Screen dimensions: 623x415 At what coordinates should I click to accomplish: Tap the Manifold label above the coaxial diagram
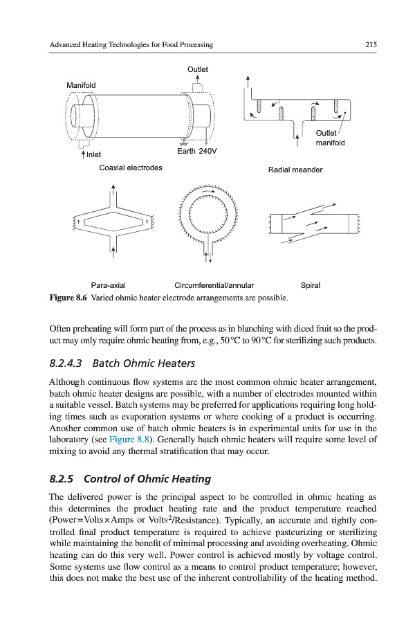pos(81,85)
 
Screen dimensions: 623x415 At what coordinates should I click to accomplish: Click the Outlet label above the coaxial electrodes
pos(198,69)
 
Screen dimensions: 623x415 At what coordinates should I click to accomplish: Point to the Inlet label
pos(93,154)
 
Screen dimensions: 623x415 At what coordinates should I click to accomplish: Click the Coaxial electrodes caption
pos(131,168)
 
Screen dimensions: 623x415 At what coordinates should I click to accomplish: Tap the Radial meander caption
pos(295,170)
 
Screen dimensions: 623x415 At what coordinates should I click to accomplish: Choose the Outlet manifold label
pos(329,138)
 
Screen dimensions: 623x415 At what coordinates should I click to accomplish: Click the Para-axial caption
pos(109,285)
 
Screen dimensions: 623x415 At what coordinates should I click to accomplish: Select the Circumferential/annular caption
pos(214,285)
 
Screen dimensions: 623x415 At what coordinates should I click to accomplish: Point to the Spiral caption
pos(311,285)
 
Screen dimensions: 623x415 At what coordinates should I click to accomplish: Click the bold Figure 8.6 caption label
pos(72,298)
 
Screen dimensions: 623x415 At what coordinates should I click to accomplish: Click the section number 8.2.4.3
pos(66,363)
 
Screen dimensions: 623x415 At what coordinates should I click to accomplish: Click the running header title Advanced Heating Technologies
pos(131,45)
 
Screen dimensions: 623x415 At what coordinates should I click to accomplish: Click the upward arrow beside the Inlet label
pos(83,154)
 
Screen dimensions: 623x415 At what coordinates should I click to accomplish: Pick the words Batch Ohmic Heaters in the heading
pos(144,363)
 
